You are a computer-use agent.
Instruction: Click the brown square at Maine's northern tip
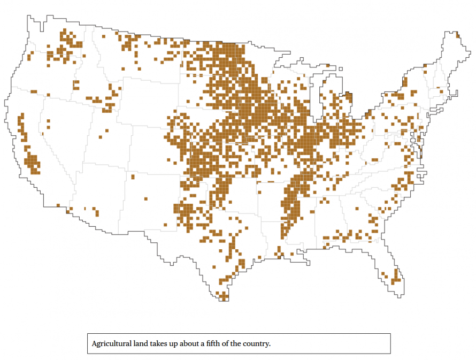(x=458, y=36)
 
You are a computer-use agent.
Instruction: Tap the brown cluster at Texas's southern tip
(x=223, y=295)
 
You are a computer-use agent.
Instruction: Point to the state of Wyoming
(x=144, y=102)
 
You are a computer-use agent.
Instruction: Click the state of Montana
(x=134, y=59)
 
